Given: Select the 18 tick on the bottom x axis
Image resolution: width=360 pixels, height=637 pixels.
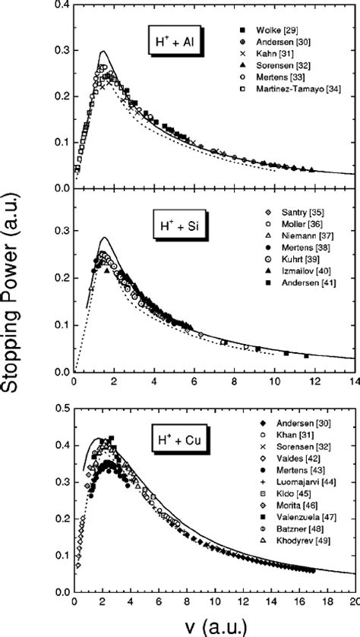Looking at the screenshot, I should (x=327, y=604).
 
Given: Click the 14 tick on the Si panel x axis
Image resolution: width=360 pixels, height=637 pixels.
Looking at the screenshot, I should (x=353, y=384).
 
